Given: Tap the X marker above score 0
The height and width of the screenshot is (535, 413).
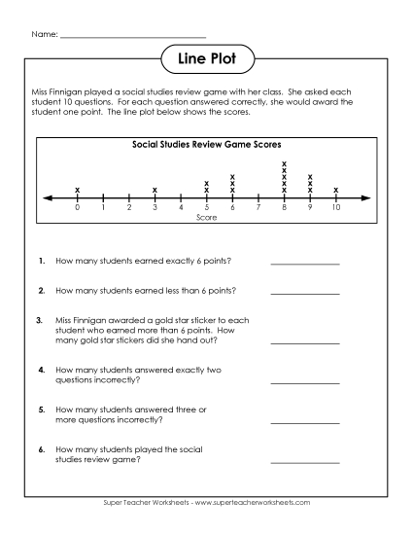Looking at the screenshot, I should coord(77,190).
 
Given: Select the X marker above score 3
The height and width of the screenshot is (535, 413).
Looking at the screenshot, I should coord(155,190).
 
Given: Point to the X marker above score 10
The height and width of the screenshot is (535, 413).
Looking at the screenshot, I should coord(336,190).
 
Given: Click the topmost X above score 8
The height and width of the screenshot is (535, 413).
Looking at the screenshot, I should coord(284,163).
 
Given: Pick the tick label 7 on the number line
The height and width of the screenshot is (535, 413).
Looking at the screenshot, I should coord(258,208).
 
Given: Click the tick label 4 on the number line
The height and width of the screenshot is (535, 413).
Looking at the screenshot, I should coord(181,208).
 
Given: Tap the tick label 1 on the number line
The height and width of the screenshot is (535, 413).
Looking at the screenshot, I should coord(103,208).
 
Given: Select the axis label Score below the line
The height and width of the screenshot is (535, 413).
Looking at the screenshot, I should coord(206,218).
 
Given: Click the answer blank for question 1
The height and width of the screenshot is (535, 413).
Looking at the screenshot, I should coord(304,263).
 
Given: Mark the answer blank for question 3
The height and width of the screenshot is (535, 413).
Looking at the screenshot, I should coord(304,342).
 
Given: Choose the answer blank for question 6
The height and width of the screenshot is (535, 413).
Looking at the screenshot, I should coord(304,460).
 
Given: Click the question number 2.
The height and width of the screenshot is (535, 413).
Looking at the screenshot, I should coord(42,290).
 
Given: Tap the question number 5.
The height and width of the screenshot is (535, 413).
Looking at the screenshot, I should coord(42,410).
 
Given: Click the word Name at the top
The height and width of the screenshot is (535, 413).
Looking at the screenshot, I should coord(44,35).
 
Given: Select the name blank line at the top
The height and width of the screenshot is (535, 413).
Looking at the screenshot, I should coord(132,38).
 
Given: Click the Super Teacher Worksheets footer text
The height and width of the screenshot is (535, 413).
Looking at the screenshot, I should coord(206,502).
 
